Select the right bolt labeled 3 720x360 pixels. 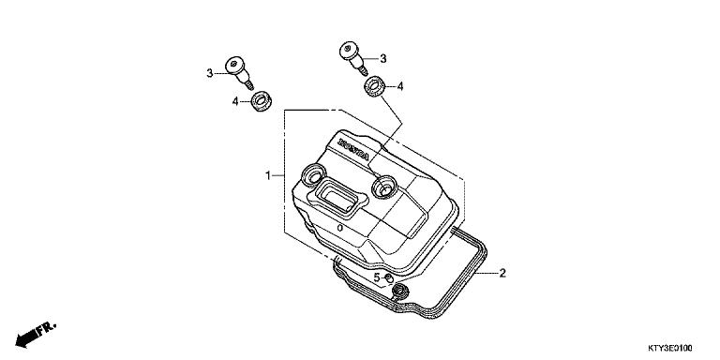click(351, 55)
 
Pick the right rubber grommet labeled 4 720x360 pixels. click(375, 87)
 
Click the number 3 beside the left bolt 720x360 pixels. click(210, 72)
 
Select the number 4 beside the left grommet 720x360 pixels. click(235, 100)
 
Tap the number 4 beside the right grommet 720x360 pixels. click(400, 86)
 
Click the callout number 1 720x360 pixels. click(268, 175)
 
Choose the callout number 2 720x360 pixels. click(502, 274)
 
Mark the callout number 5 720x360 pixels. click(376, 277)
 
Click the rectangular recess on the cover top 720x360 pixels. click(337, 198)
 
